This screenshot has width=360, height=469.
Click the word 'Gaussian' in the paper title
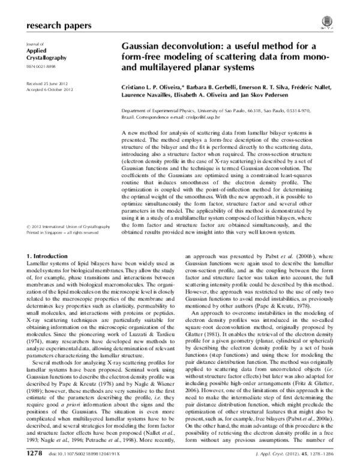(x=144, y=46)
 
